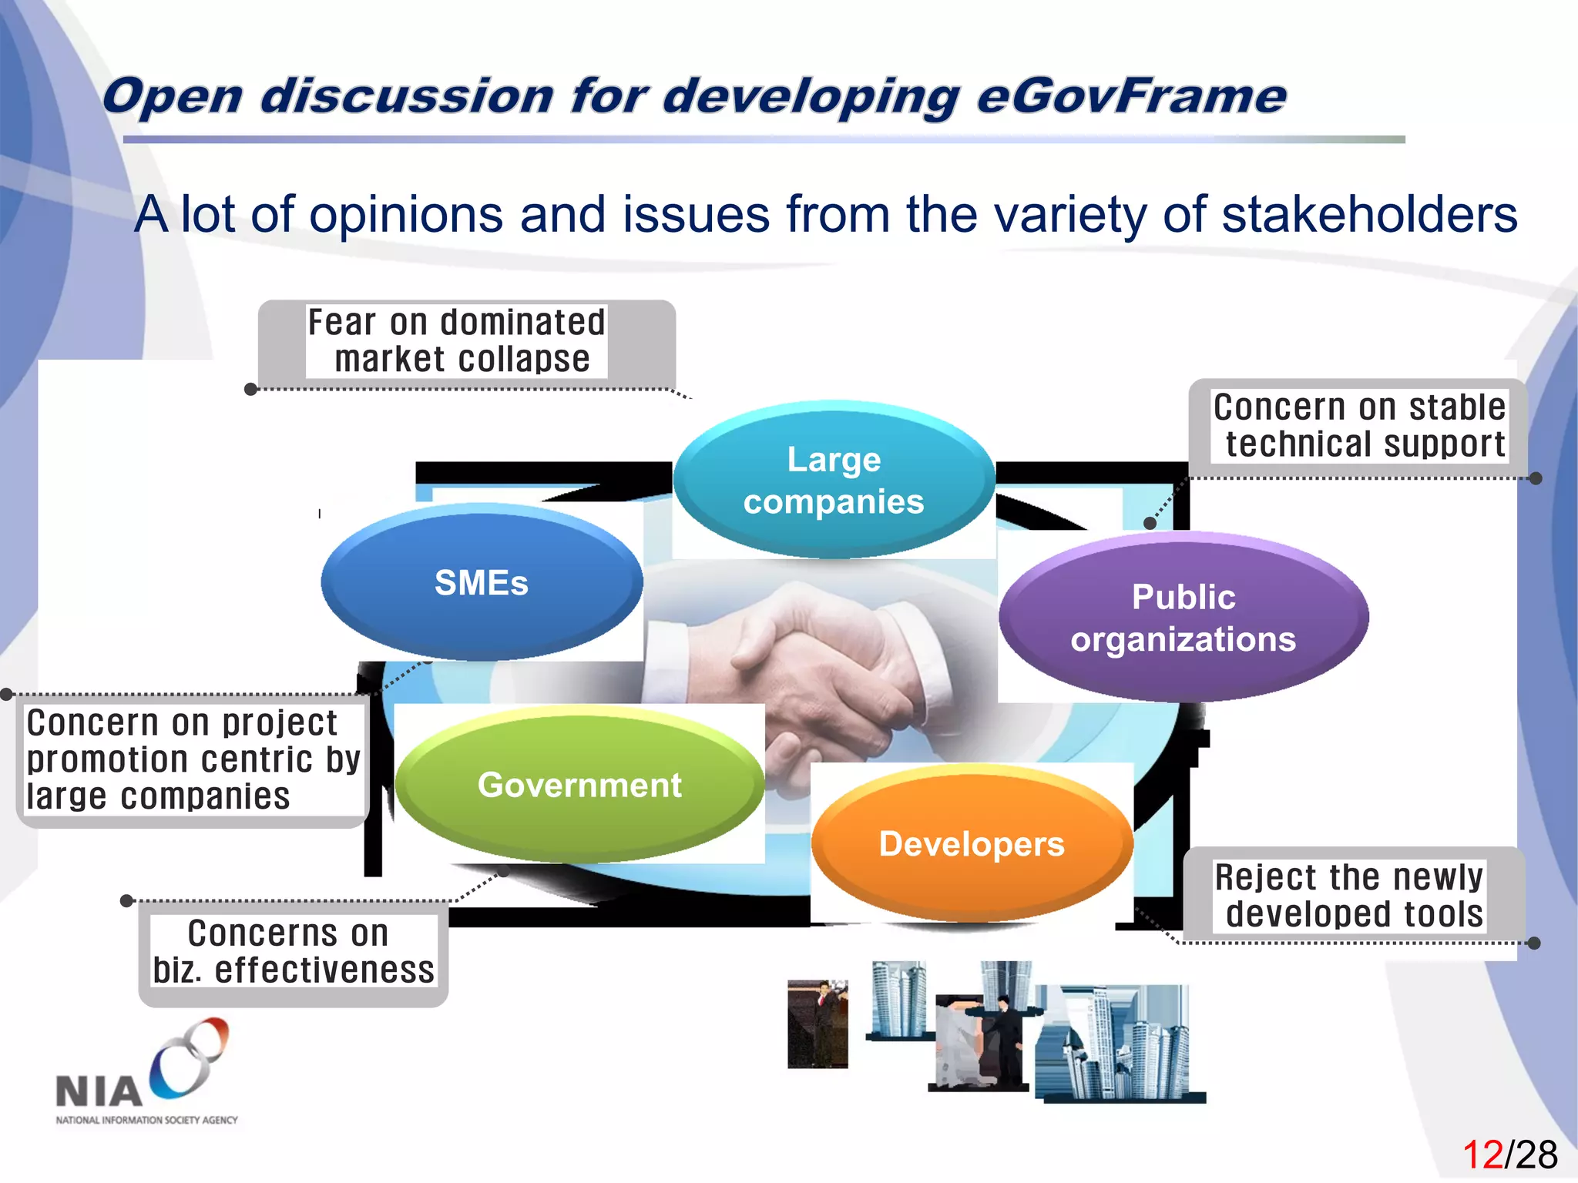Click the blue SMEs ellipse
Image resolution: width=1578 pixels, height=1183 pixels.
point(482,582)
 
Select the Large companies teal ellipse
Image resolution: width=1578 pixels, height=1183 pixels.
point(834,480)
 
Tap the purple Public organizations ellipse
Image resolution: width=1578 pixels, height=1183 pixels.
point(1183,618)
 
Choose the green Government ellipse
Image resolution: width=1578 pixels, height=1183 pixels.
point(579,785)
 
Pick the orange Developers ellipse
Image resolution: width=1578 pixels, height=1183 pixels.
point(972,844)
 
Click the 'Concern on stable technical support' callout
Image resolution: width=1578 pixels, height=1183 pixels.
point(1359,426)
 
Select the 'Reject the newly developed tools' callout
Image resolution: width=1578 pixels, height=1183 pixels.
point(1350,895)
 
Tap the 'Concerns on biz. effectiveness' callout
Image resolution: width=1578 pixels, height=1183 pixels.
point(293,952)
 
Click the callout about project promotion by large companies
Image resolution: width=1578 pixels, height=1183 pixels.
point(193,759)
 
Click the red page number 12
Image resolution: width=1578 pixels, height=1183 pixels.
point(1482,1155)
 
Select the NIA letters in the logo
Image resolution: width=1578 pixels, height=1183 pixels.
point(99,1092)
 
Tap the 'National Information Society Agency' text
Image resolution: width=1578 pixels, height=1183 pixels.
point(146,1120)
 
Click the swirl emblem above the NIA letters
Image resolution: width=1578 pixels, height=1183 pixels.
point(190,1057)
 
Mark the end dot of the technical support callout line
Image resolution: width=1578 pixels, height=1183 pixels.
point(1536,478)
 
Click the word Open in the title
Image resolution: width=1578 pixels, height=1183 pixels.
point(173,97)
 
